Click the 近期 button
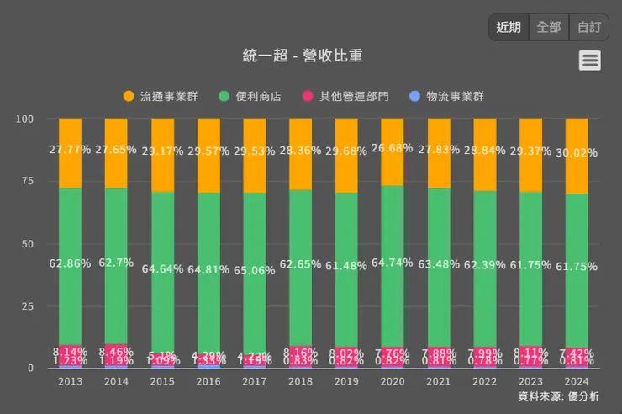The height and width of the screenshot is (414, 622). [509, 27]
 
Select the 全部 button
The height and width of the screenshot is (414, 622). [549, 27]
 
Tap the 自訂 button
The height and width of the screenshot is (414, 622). [589, 27]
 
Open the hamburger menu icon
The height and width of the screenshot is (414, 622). [590, 60]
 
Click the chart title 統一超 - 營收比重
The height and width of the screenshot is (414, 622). [302, 56]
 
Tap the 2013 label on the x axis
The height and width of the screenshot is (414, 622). [70, 381]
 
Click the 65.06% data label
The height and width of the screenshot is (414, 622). [255, 270]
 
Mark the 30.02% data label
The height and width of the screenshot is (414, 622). [577, 152]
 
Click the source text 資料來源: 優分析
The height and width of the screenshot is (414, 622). [558, 396]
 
